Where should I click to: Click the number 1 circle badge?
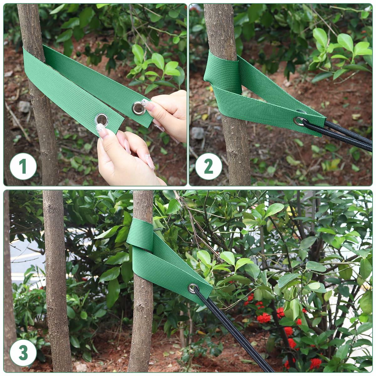point(23,166)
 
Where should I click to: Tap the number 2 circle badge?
point(208,166)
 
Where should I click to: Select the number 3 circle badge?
point(23,352)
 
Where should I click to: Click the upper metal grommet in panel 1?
point(138,108)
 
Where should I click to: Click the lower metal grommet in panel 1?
point(101,119)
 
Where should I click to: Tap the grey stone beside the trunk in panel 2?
point(197,133)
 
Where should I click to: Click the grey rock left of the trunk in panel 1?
point(24,107)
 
